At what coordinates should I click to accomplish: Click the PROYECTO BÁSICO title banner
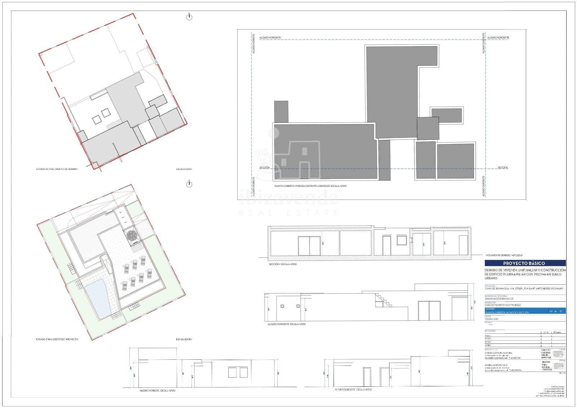[525, 263]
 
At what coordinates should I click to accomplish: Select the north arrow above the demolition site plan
[189, 17]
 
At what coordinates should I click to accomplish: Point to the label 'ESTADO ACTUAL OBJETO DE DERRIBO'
[57, 169]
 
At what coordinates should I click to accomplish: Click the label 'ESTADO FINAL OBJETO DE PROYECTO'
[57, 339]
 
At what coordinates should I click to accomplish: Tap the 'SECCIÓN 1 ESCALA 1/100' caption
[283, 264]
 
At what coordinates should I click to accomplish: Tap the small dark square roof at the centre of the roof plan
[428, 128]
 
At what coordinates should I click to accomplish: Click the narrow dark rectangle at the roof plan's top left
[281, 111]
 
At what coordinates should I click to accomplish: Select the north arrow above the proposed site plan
[189, 184]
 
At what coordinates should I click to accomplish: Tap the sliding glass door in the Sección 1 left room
[309, 246]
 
